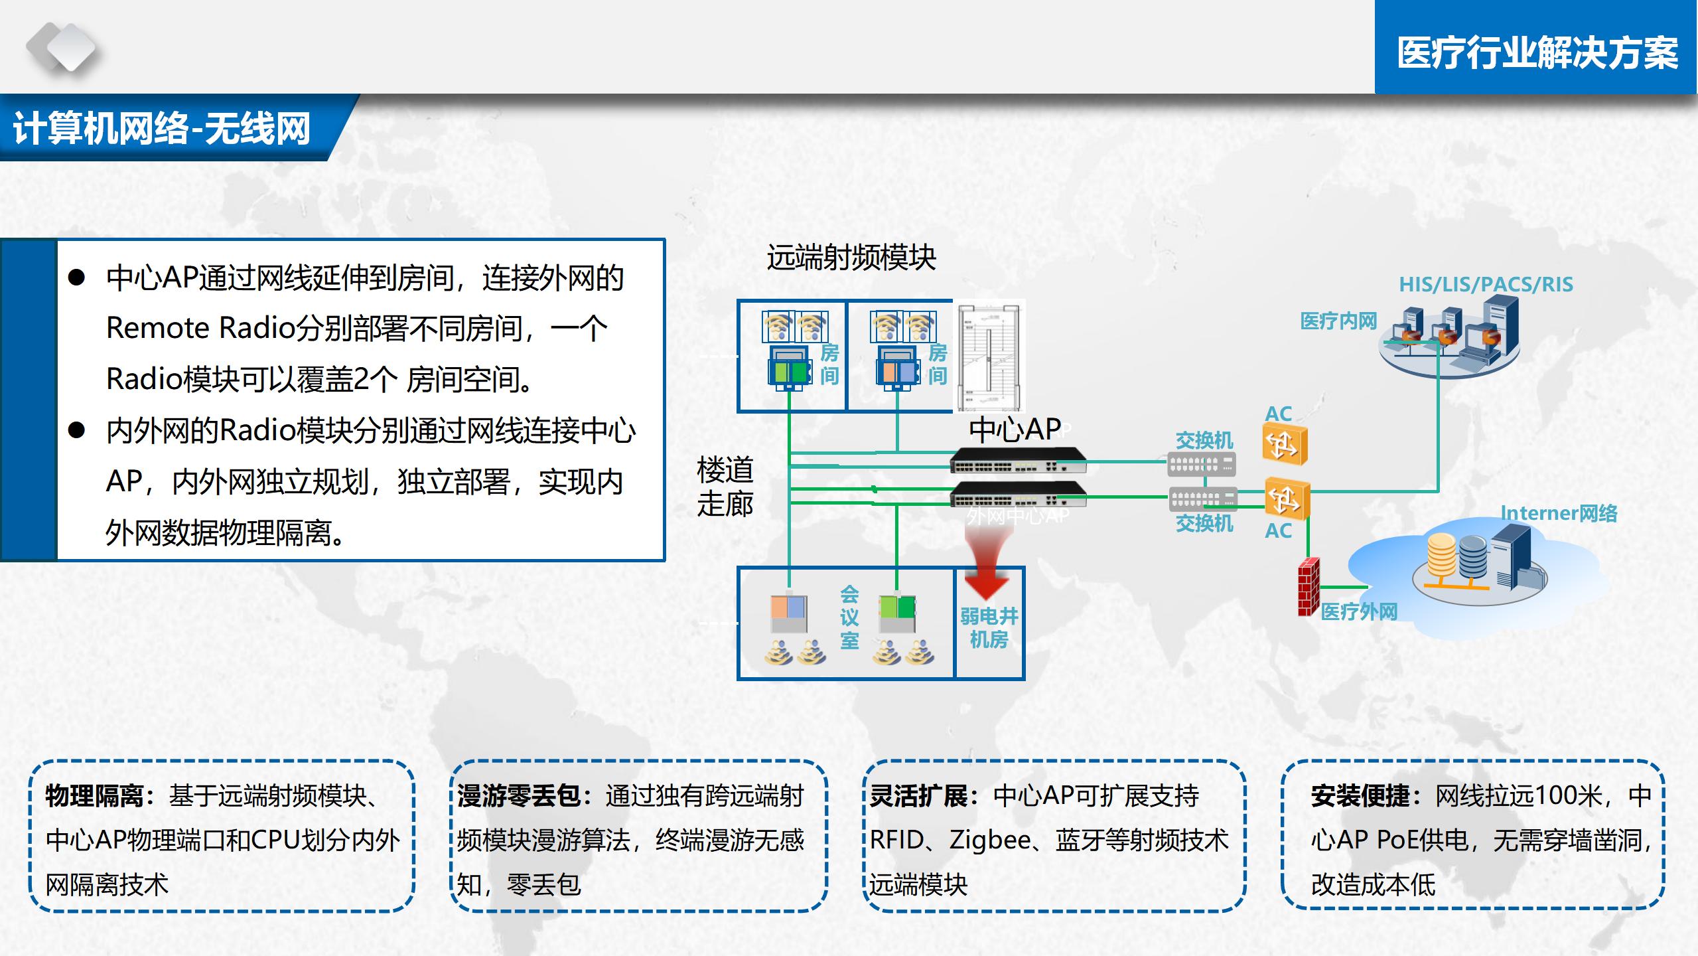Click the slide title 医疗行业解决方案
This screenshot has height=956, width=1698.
coord(1537,53)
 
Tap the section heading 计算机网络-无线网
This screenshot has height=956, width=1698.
coord(162,128)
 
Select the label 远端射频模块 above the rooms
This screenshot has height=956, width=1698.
coord(851,258)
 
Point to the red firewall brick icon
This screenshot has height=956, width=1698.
coord(1308,586)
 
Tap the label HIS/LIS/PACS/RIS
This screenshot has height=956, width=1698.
coord(1486,284)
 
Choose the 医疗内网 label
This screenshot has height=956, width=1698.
coord(1338,321)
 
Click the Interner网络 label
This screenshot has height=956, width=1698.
coord(1559,513)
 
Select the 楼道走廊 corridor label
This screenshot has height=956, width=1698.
coord(725,487)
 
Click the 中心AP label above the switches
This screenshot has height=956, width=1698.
coord(1015,430)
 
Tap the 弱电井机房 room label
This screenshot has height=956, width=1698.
coord(989,627)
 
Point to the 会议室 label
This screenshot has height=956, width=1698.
coord(849,617)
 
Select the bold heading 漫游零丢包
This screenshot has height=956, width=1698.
coord(519,795)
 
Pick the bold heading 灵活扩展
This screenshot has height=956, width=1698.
coord(918,795)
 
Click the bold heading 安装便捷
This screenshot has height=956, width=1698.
coord(1360,795)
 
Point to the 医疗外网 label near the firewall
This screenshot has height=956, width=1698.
coord(1359,611)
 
